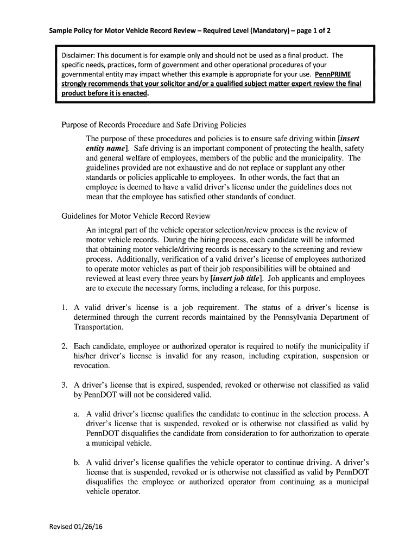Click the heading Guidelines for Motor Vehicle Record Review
[x=135, y=216]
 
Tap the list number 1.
[x=64, y=307]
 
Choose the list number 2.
[x=64, y=346]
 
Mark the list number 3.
[x=64, y=385]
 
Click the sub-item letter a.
[x=77, y=414]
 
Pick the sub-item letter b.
[x=77, y=463]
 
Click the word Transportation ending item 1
[x=98, y=327]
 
